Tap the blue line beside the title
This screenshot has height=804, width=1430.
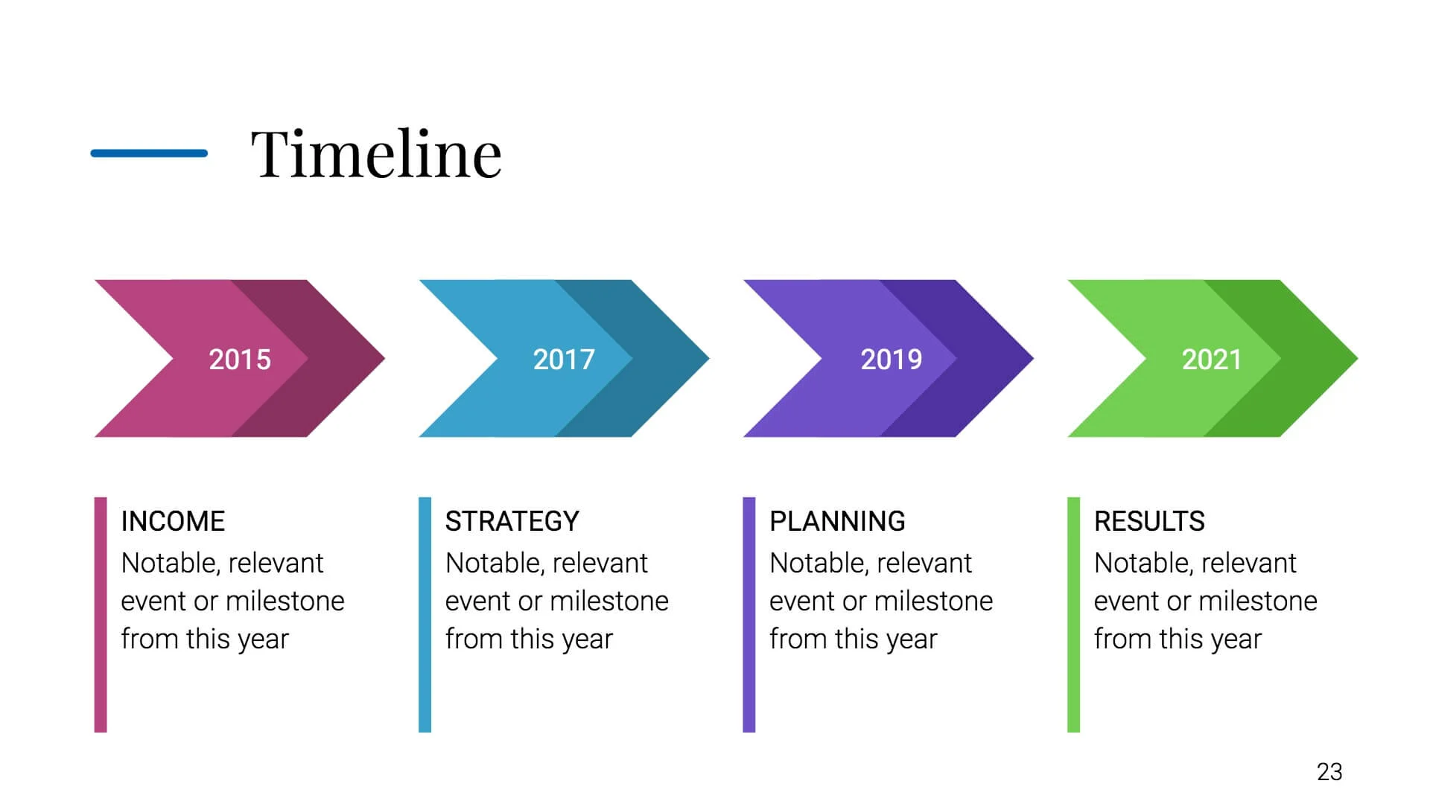(149, 153)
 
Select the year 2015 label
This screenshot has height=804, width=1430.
(240, 360)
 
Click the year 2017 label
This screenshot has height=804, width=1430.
(564, 360)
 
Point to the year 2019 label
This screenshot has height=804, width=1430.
(892, 360)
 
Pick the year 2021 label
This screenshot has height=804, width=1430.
(1212, 360)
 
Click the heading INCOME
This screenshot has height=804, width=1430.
(173, 521)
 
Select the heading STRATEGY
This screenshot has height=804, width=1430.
(512, 521)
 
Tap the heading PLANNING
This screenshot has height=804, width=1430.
(837, 521)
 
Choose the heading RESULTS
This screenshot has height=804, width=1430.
(1149, 521)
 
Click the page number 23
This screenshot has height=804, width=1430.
(1329, 772)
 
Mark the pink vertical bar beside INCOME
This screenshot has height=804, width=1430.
(101, 615)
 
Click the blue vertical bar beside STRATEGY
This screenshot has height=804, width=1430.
(425, 615)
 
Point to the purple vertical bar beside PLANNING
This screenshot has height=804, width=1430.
(749, 615)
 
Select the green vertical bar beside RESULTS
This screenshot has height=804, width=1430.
(1073, 615)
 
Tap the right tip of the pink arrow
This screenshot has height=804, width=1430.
(384, 358)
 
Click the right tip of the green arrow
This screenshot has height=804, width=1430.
(1357, 358)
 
